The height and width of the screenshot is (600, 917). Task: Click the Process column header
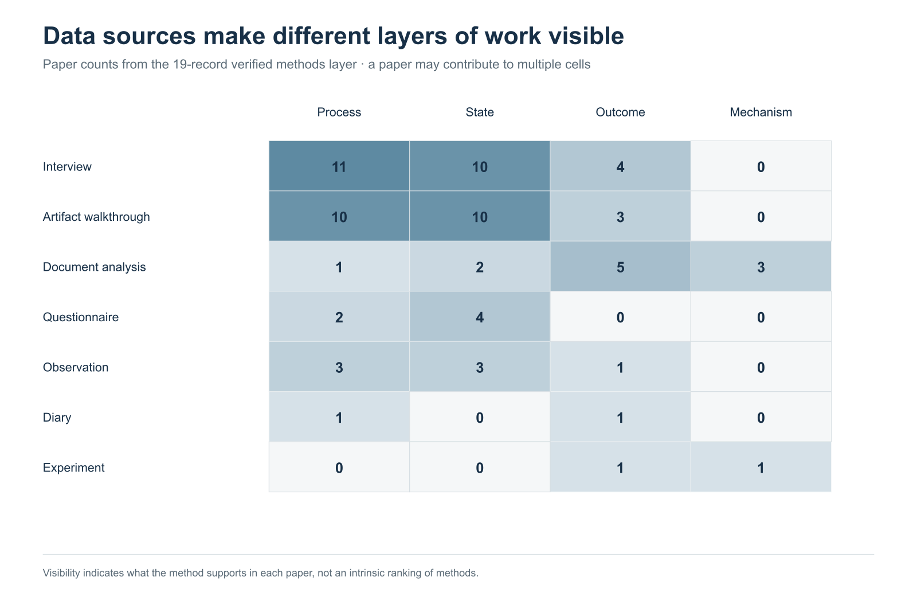[339, 112]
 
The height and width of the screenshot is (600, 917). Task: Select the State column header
[479, 112]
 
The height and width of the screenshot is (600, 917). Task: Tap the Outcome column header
[620, 112]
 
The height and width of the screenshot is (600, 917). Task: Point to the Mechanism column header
[761, 112]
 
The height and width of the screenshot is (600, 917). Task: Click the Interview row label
[67, 167]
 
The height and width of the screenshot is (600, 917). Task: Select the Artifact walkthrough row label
[96, 217]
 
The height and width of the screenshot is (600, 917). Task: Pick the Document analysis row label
[94, 267]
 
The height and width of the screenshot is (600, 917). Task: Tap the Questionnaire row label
[81, 317]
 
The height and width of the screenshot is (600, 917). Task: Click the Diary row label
[57, 418]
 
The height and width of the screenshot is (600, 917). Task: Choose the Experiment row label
[74, 467]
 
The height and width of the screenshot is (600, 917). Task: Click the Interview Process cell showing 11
[339, 166]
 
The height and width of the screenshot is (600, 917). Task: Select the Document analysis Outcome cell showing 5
[620, 266]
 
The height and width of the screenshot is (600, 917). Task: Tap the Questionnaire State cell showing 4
[479, 317]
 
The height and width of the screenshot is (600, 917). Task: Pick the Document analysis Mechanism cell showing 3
[761, 266]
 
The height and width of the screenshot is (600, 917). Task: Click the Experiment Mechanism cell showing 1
[761, 467]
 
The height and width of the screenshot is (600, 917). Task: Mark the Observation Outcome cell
[620, 367]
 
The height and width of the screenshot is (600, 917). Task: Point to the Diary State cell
[479, 417]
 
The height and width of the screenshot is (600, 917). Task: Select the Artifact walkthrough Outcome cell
[620, 216]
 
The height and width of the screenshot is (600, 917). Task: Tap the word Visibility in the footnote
[61, 573]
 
